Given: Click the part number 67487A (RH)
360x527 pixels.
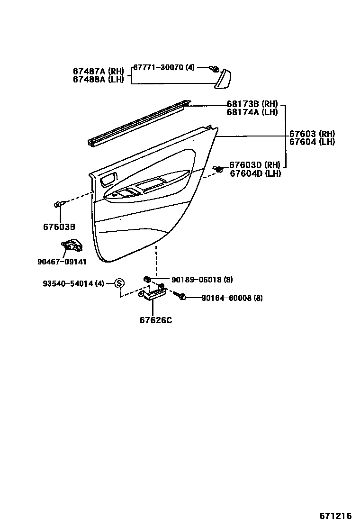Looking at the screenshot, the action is pyautogui.click(x=98, y=71).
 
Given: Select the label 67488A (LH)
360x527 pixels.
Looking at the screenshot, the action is pyautogui.click(x=98, y=79).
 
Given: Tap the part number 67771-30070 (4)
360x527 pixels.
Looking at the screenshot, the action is pyautogui.click(x=163, y=67).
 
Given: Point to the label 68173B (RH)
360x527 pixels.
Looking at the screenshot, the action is pyautogui.click(x=252, y=104).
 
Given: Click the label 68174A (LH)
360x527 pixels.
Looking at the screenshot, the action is pyautogui.click(x=252, y=112).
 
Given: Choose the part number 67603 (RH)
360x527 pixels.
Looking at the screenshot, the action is pyautogui.click(x=312, y=134).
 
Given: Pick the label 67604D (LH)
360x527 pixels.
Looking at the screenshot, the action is pyautogui.click(x=255, y=173).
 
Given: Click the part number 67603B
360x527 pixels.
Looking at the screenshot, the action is pyautogui.click(x=59, y=227).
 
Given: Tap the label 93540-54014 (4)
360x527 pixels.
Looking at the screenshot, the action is pyautogui.click(x=73, y=283).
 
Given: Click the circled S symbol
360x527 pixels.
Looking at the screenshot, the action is pyautogui.click(x=119, y=283).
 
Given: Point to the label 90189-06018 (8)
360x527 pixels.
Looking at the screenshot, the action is pyautogui.click(x=202, y=280).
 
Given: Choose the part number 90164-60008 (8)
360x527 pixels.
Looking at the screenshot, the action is pyautogui.click(x=232, y=298).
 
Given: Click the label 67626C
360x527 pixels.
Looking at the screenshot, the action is pyautogui.click(x=156, y=320).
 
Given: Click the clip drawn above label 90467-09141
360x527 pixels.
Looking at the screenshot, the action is pyautogui.click(x=71, y=246).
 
